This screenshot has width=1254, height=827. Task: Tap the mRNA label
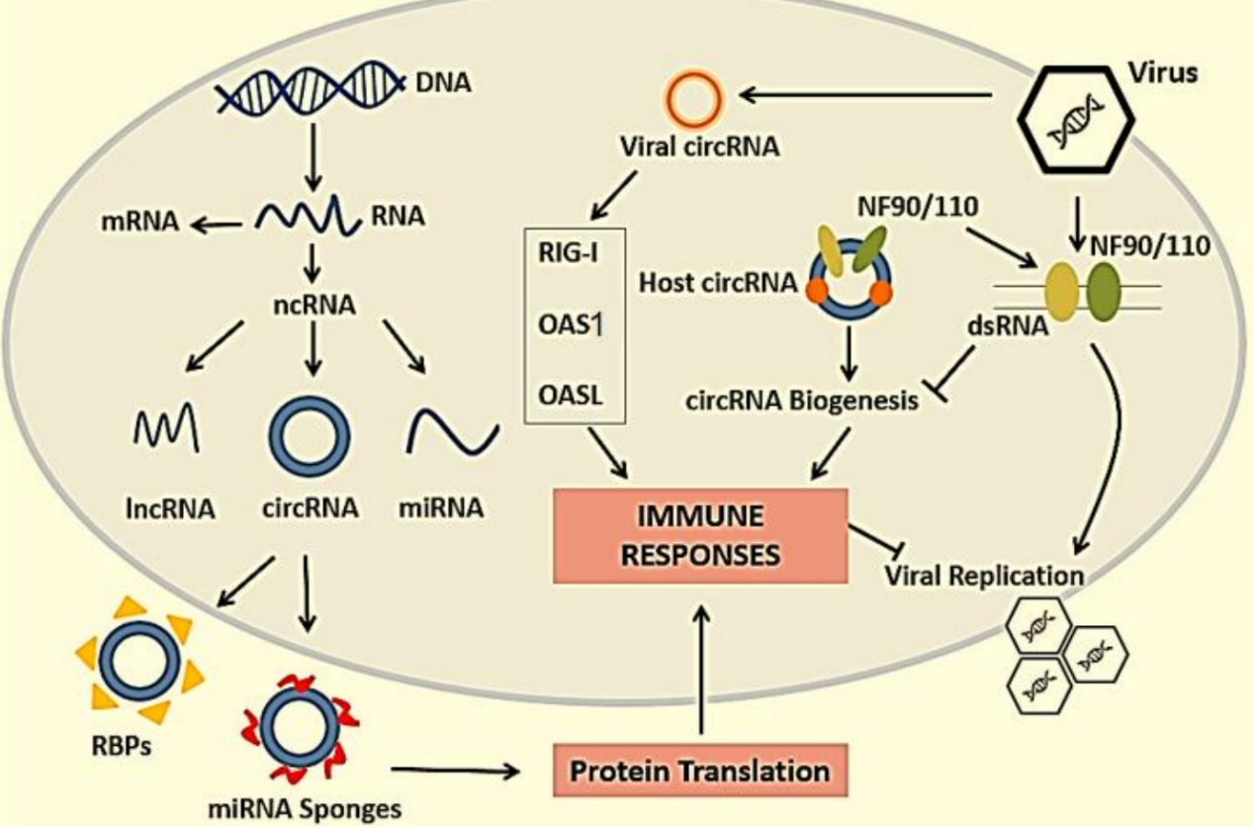(x=138, y=224)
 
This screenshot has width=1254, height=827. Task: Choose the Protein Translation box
(x=700, y=770)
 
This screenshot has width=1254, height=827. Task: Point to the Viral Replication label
(x=983, y=575)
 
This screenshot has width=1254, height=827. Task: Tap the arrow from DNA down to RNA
(x=312, y=158)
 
